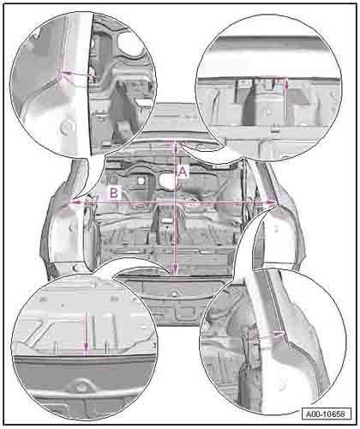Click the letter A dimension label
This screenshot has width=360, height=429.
click(183, 172)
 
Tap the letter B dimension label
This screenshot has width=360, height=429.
click(114, 193)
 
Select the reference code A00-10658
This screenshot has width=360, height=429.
click(326, 414)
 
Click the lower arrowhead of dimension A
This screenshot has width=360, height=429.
click(175, 270)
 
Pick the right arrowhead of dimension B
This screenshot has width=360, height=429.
click(271, 202)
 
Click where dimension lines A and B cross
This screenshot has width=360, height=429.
click(175, 202)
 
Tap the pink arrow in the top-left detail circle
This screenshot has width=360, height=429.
click(74, 74)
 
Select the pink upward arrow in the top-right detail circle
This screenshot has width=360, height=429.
click(286, 88)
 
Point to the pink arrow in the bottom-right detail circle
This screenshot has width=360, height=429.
click(267, 335)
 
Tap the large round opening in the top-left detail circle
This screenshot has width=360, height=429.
click(130, 44)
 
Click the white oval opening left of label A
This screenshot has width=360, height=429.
click(167, 181)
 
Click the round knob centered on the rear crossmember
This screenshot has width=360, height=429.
click(175, 293)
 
